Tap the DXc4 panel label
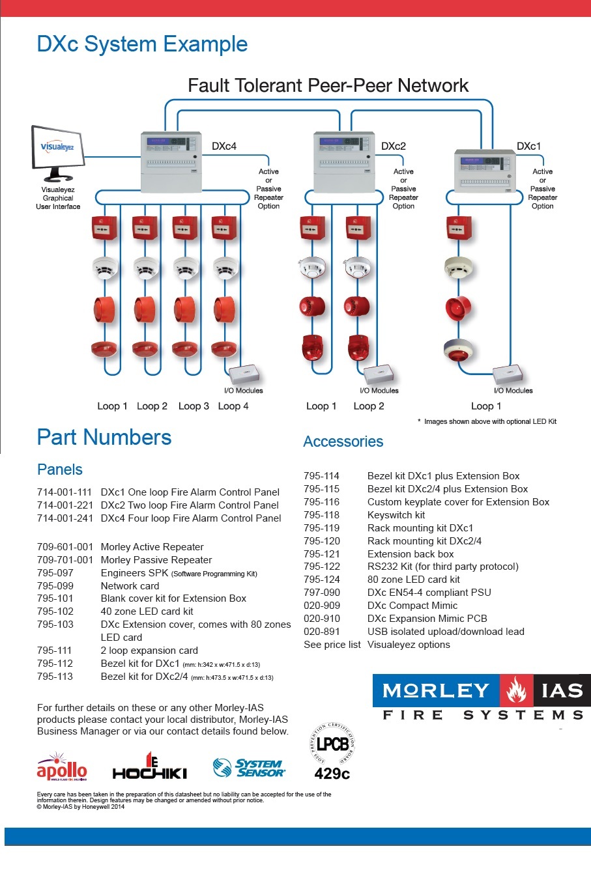pyautogui.click(x=223, y=147)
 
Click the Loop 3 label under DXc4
pyautogui.click(x=194, y=406)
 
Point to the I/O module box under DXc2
pyautogui.click(x=379, y=374)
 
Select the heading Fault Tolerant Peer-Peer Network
pyautogui.click(x=328, y=85)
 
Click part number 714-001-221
pyautogui.click(x=65, y=505)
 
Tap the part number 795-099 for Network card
pyautogui.click(x=55, y=585)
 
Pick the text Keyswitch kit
pyautogui.click(x=396, y=515)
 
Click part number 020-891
pyautogui.click(x=322, y=632)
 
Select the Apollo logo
pyautogui.click(x=62, y=768)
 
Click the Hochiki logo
pyautogui.click(x=150, y=768)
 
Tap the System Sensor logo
pyautogui.click(x=250, y=768)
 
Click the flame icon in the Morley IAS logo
pyautogui.click(x=517, y=691)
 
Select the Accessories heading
pyautogui.click(x=343, y=442)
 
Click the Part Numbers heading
pyautogui.click(x=104, y=438)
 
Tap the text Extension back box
pyautogui.click(x=411, y=554)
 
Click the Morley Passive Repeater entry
pyautogui.click(x=156, y=560)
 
